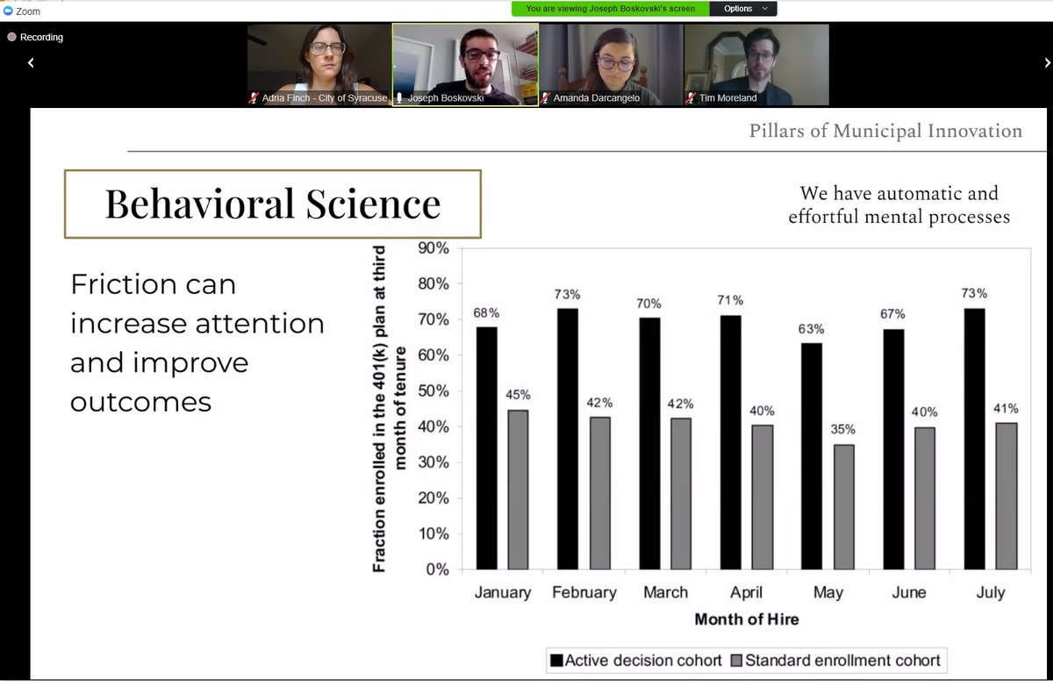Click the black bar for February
click(x=568, y=439)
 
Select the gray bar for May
click(x=844, y=507)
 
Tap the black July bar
click(x=974, y=439)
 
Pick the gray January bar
click(x=518, y=490)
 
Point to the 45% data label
click(x=518, y=395)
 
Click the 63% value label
click(x=811, y=329)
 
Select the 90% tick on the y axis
click(x=433, y=248)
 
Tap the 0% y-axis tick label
click(x=437, y=570)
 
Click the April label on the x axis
click(x=746, y=592)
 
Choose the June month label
click(x=909, y=592)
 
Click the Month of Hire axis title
click(x=747, y=619)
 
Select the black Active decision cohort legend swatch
click(x=556, y=660)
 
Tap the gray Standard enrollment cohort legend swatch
click(x=736, y=660)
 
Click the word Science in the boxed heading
click(x=373, y=204)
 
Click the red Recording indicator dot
click(x=11, y=37)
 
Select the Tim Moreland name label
click(x=727, y=97)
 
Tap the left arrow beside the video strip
click(x=31, y=62)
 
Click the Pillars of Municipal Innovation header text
click(x=885, y=131)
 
